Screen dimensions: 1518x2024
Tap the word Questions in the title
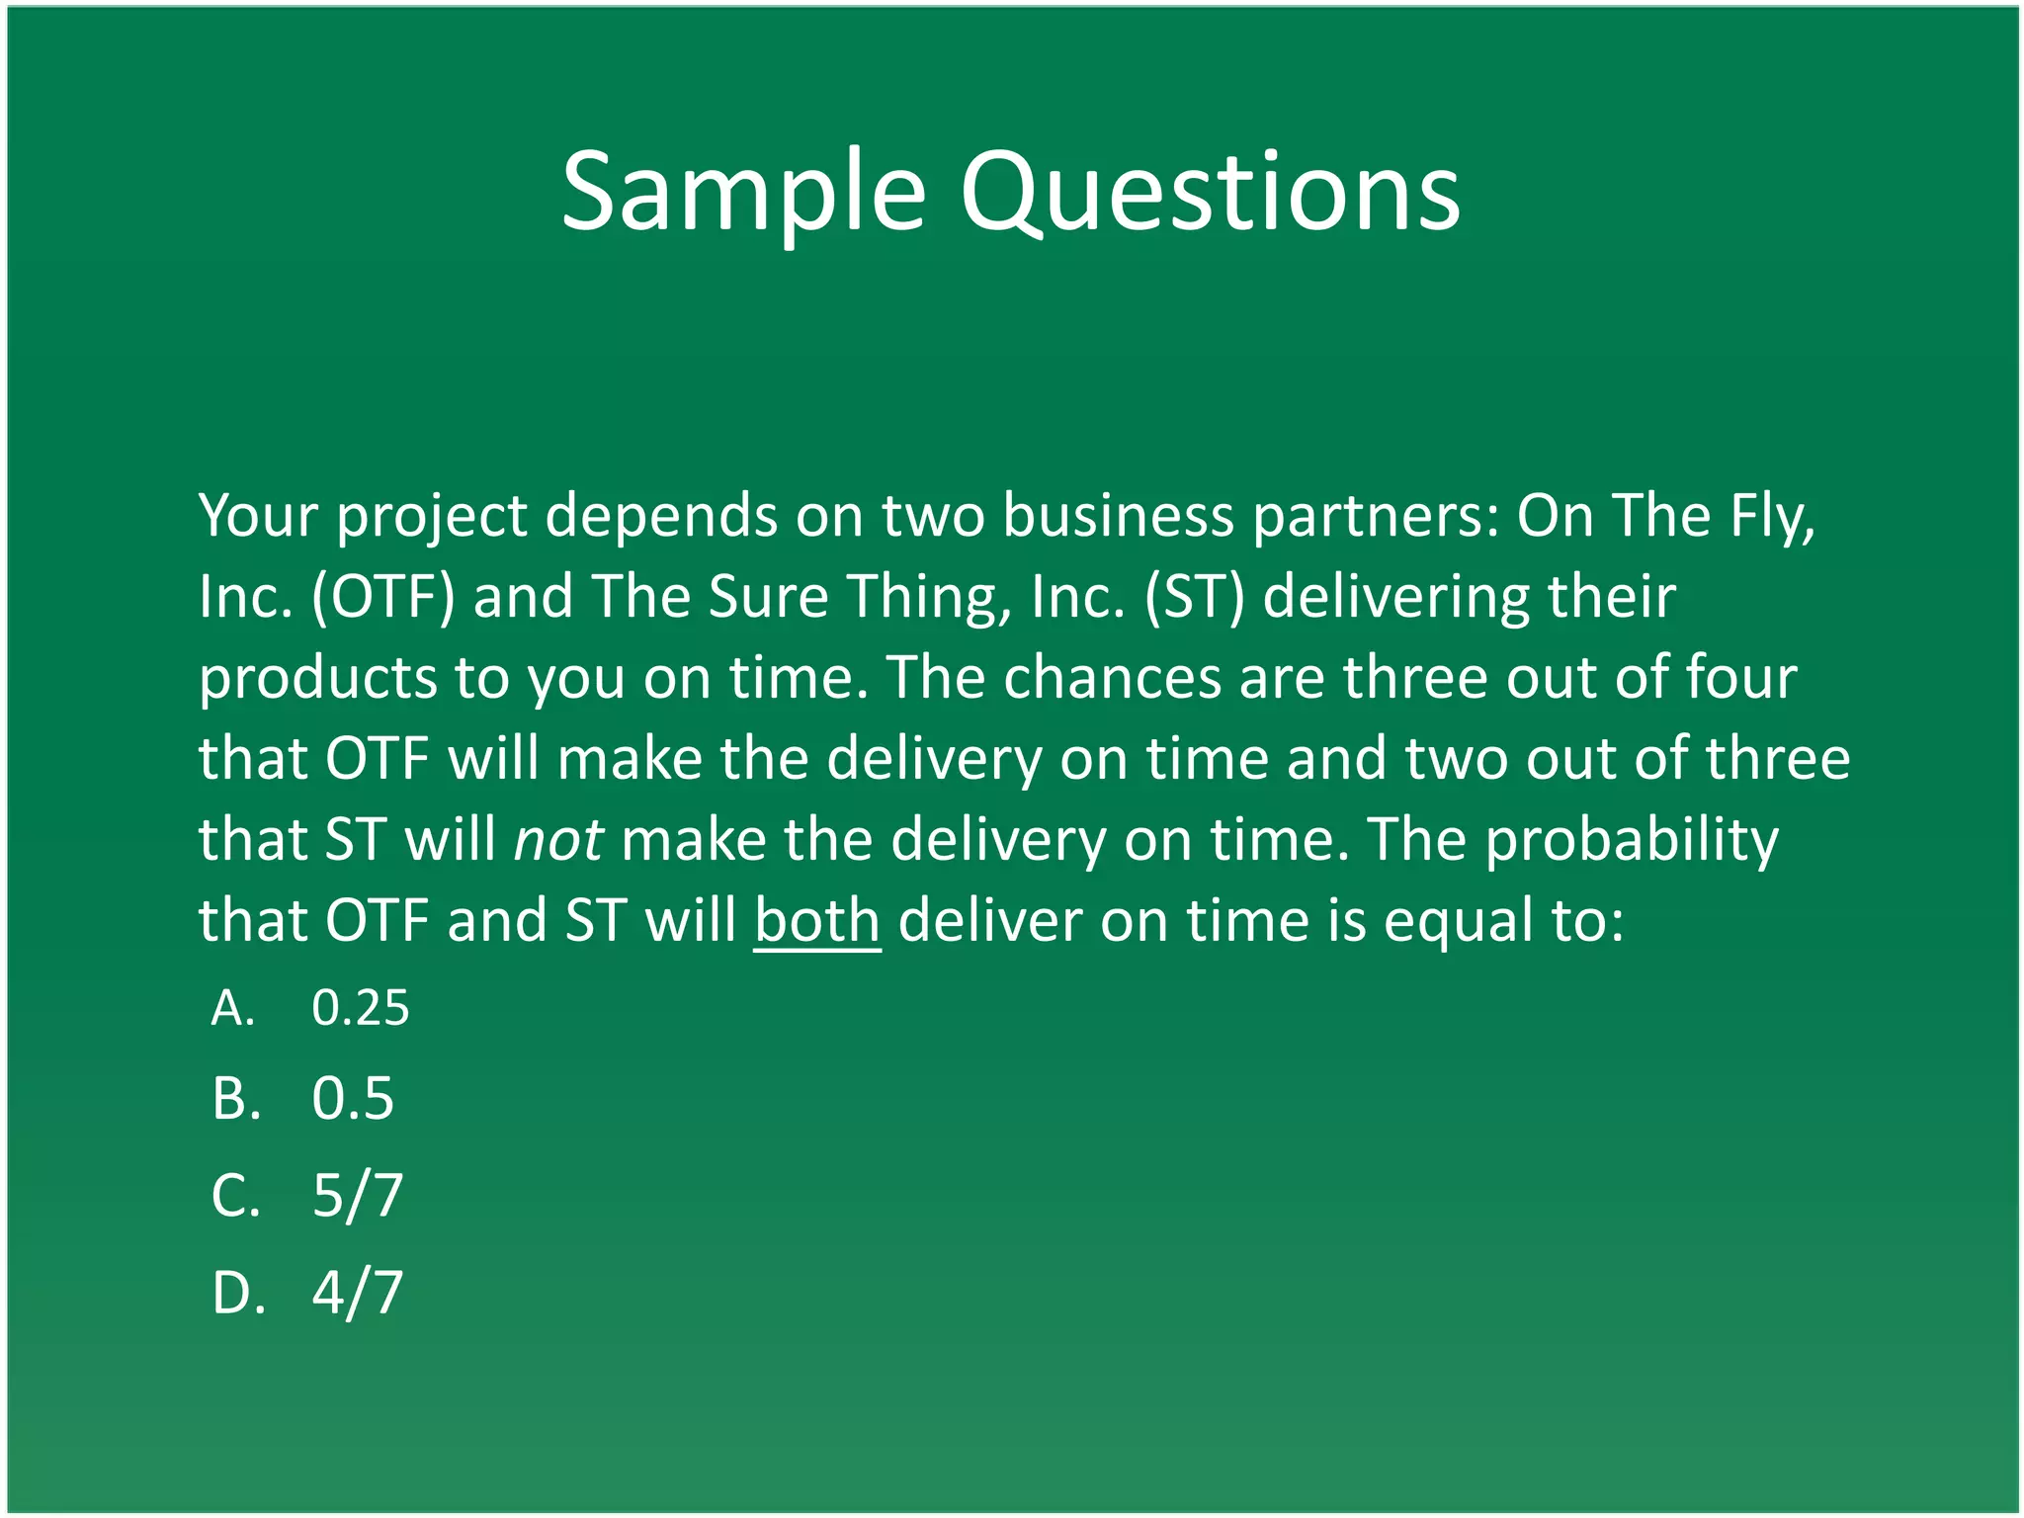1210,192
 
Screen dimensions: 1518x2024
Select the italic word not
558,840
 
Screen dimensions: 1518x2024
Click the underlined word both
816,921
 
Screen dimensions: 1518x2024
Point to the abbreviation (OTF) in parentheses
383,598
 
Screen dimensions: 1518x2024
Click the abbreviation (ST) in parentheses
1194,598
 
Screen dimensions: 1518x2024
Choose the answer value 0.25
360,1008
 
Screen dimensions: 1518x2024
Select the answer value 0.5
353,1098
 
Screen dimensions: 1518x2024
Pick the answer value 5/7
358,1195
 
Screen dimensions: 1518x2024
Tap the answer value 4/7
358,1292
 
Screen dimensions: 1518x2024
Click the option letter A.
232,1008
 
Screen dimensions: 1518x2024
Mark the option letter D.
237,1292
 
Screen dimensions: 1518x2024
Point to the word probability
1632,840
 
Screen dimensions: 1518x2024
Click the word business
1118,517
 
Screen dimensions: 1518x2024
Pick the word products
317,679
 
